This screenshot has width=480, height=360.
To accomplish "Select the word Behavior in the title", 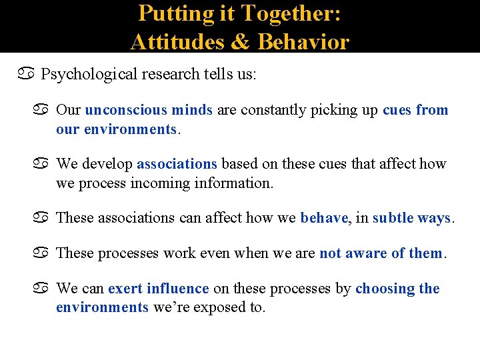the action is point(303,41).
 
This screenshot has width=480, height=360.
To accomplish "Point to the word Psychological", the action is point(89,74).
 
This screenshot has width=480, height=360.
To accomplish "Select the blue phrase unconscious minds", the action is point(149,109).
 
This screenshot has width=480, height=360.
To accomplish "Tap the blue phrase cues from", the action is point(415,109).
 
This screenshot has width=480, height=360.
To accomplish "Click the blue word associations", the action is point(177,163).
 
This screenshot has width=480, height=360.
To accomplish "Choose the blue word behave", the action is point(324,217).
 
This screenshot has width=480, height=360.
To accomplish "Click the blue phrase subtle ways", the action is point(411,217).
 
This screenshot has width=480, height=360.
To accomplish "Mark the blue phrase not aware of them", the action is point(381,253).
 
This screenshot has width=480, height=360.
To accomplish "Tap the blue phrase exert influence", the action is point(159,289).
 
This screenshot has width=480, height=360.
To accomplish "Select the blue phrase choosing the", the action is point(397,289).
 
